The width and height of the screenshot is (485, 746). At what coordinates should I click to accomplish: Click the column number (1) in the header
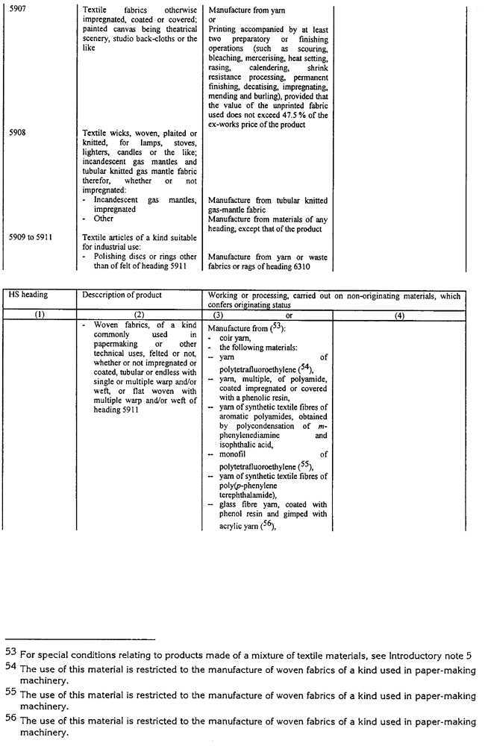point(40,315)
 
